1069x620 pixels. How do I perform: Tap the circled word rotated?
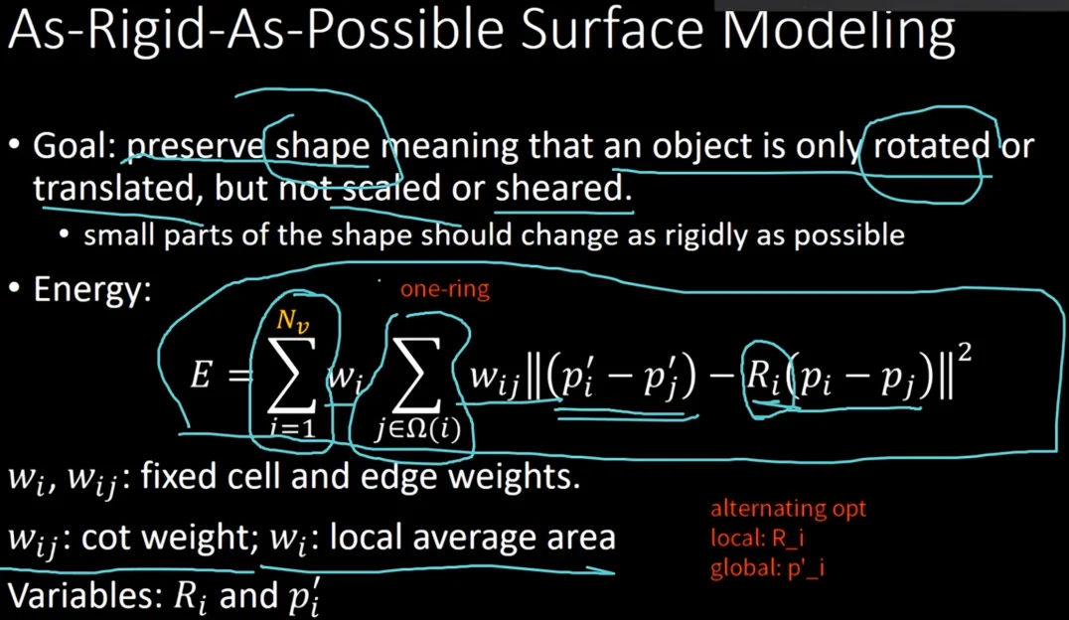[x=931, y=145]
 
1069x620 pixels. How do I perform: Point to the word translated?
[x=113, y=188]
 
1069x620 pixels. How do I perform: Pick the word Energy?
[x=92, y=290]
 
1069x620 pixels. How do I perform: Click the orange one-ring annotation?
[x=444, y=289]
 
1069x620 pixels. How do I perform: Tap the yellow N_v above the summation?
[x=292, y=320]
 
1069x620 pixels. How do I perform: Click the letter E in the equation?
[x=201, y=375]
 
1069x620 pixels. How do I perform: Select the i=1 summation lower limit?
[x=292, y=427]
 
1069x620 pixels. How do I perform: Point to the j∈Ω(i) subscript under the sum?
[x=417, y=429]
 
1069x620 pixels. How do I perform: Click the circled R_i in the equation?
[x=763, y=377]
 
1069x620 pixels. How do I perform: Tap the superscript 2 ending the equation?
[x=965, y=354]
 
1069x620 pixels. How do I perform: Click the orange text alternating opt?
[x=788, y=508]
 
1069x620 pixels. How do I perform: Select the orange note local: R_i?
[x=757, y=539]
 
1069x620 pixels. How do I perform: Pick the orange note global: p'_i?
[x=767, y=567]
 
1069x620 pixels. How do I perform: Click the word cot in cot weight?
[x=105, y=538]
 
